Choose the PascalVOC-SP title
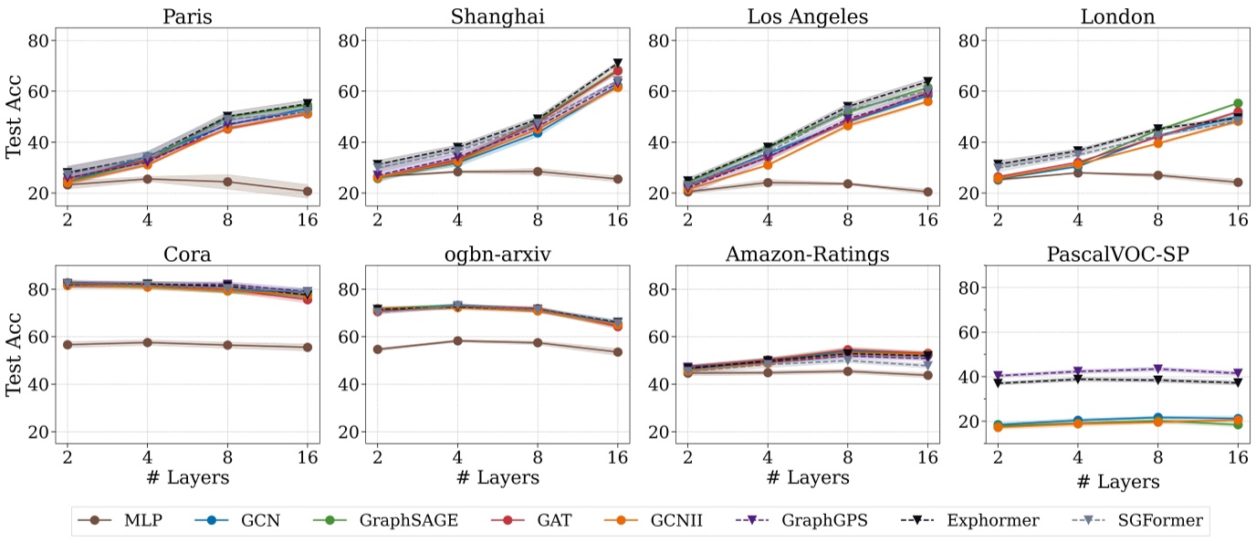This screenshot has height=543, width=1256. pos(1117,254)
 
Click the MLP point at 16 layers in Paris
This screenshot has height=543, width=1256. pos(308,192)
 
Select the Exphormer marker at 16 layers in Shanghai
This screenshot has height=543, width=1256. pos(617,64)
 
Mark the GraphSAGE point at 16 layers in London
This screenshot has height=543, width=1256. pos(1238,104)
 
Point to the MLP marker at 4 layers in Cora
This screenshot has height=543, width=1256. pos(147,342)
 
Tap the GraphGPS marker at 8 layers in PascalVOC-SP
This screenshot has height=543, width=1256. pos(1157,370)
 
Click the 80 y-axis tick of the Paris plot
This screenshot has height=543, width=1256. pos(39,40)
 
